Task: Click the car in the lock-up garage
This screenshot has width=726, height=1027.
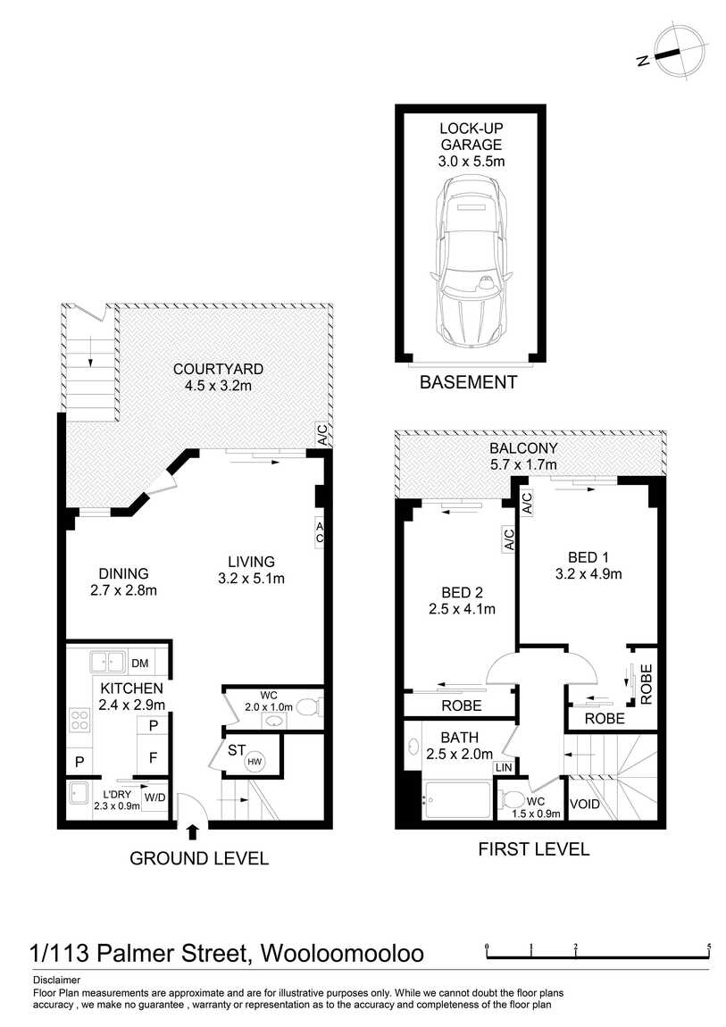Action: (x=471, y=263)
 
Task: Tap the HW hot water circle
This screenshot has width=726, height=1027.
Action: (x=255, y=762)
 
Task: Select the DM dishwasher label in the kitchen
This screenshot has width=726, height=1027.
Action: (x=140, y=664)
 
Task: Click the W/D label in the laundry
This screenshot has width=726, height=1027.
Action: (x=155, y=797)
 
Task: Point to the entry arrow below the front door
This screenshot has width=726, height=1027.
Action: (x=193, y=831)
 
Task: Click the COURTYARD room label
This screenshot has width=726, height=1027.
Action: (x=218, y=370)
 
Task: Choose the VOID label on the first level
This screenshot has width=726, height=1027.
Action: (x=585, y=804)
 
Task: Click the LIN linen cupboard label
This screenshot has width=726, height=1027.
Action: (x=504, y=767)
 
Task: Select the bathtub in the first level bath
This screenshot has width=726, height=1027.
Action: (x=457, y=800)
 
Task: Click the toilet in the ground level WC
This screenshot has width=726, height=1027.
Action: (x=309, y=707)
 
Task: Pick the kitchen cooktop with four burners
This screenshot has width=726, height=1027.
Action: (x=79, y=721)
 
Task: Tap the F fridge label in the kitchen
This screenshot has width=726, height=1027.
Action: (x=154, y=758)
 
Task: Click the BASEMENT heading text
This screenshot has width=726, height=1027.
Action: (x=469, y=382)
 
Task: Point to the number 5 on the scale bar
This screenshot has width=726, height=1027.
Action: (x=710, y=947)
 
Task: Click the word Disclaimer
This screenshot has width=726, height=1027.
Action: (x=57, y=981)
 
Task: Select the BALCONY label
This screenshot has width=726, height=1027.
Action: (x=523, y=448)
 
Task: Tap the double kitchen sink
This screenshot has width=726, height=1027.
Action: (x=107, y=662)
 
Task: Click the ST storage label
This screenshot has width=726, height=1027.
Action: (x=237, y=750)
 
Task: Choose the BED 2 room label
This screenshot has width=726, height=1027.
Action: (x=463, y=593)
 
